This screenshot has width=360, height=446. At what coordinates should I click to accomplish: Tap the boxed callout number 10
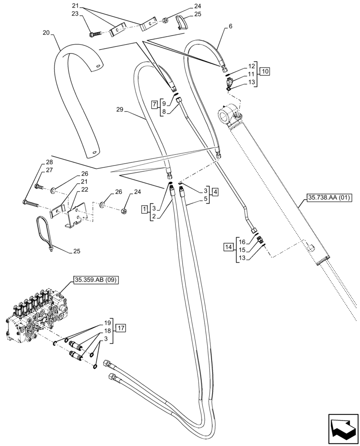pos(265,71)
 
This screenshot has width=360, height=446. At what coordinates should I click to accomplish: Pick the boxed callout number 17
pos(121,328)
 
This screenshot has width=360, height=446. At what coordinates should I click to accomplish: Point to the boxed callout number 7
pos(155,105)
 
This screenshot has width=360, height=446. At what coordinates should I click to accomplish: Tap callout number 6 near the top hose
pos(230,27)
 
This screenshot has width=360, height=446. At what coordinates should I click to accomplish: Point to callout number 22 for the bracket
pos(85,190)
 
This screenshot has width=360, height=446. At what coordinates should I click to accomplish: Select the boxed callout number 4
pos(215,193)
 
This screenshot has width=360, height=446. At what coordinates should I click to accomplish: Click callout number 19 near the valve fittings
pos(107,322)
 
